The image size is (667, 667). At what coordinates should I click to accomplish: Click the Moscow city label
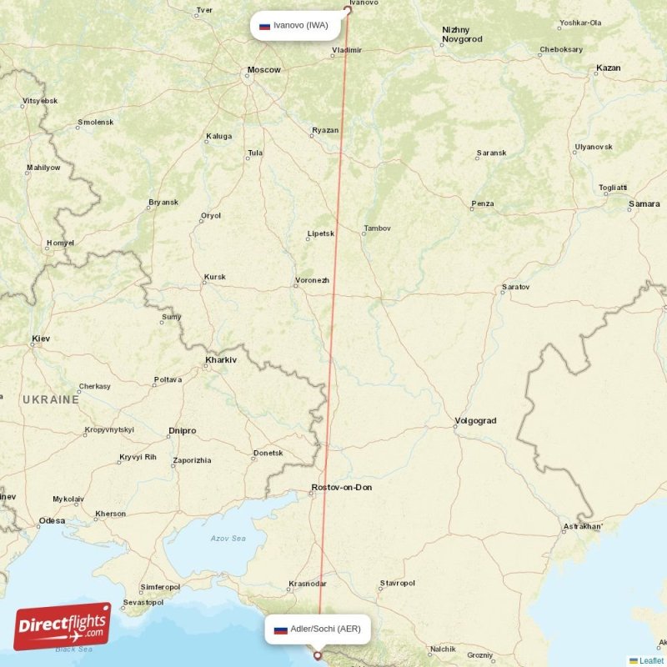tap(263, 69)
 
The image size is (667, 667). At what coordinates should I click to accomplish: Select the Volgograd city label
tap(476, 421)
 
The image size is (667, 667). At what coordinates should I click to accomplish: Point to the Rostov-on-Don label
tap(341, 487)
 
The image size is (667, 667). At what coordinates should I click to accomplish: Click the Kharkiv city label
tap(221, 360)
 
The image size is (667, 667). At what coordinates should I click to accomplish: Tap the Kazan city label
tap(609, 68)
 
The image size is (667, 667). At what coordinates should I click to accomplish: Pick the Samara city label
tap(644, 203)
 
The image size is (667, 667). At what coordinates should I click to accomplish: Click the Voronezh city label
tap(313, 280)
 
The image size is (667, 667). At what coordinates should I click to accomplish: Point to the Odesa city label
tap(52, 521)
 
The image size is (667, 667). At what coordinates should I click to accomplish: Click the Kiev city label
tap(41, 339)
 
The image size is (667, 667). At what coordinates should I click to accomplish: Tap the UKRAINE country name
tap(51, 400)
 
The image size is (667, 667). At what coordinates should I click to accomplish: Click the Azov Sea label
tap(228, 539)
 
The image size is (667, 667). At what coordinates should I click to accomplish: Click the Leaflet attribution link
tap(651, 660)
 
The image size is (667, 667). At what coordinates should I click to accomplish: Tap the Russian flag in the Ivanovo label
tap(265, 26)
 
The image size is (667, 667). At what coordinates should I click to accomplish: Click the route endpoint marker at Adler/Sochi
tap(317, 655)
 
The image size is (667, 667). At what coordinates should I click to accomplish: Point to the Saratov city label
tap(515, 288)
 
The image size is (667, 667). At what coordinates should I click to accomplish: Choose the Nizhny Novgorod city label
tap(462, 34)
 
